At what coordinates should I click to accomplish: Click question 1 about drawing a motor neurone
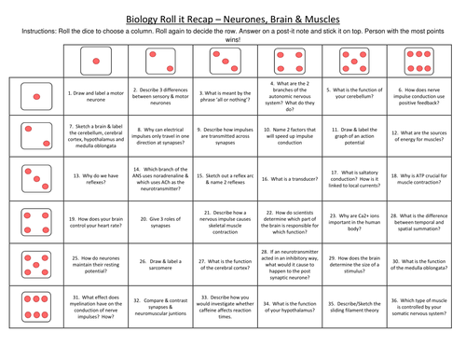(x=98, y=95)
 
